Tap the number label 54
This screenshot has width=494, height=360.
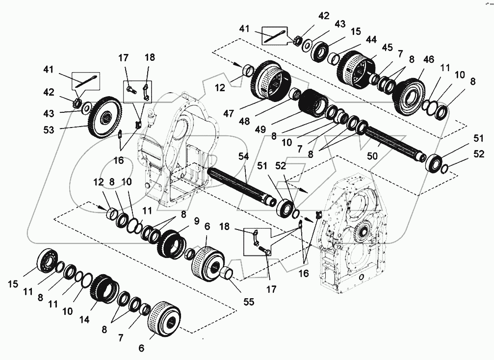pyautogui.click(x=243, y=156)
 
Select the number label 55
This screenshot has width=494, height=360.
pyautogui.click(x=249, y=303)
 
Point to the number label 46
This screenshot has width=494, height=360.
pyautogui.click(x=429, y=59)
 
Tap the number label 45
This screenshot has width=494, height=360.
pyautogui.click(x=388, y=47)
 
